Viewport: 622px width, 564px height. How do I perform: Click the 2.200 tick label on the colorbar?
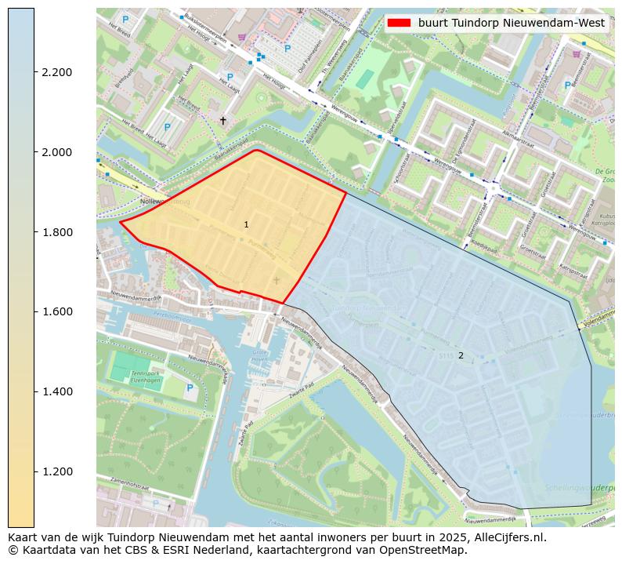click(56, 72)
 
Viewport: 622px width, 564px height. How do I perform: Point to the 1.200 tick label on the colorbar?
click(56, 471)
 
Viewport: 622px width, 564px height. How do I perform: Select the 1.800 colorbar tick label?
click(56, 232)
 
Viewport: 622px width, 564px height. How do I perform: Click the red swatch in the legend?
click(399, 23)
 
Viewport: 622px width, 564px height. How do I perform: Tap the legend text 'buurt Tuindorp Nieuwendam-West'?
click(512, 23)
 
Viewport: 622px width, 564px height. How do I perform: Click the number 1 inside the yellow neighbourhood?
click(246, 225)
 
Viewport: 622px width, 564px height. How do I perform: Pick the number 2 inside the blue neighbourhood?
click(461, 355)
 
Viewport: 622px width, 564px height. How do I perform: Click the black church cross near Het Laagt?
click(223, 121)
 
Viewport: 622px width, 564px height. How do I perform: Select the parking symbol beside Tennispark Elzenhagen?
click(189, 388)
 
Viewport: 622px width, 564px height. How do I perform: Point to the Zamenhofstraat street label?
click(129, 482)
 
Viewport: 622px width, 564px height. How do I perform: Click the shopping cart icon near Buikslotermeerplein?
click(241, 37)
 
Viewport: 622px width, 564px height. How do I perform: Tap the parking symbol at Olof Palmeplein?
click(287, 49)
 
